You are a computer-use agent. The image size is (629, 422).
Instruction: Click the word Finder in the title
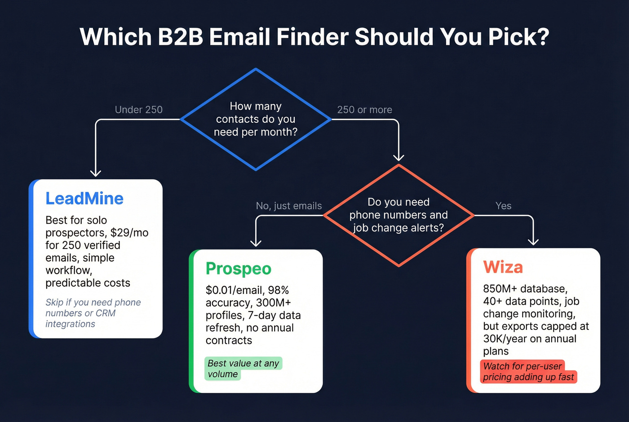(312, 37)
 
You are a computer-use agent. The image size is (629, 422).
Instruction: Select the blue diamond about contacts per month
(256, 119)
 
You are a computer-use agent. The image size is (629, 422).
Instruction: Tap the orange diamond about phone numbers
(399, 215)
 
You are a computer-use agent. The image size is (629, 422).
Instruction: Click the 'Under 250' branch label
(138, 110)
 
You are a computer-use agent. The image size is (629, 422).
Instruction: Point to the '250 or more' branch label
(364, 110)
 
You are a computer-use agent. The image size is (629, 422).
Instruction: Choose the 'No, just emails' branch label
(289, 206)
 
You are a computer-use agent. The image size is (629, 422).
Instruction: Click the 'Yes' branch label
(503, 206)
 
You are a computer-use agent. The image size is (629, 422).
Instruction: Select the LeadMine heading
(84, 199)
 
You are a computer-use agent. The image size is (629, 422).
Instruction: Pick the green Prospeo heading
(239, 269)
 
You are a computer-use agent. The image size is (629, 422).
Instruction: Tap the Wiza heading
(503, 267)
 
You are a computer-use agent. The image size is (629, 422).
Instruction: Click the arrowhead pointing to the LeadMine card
(96, 173)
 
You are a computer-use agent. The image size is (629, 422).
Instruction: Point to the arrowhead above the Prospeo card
(256, 243)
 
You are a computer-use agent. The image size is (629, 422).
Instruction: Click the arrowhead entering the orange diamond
(399, 157)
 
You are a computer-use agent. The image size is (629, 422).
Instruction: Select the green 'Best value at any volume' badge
(243, 369)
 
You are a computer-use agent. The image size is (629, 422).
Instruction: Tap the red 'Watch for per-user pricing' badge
(528, 372)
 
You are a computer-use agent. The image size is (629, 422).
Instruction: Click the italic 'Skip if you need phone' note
(93, 302)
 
